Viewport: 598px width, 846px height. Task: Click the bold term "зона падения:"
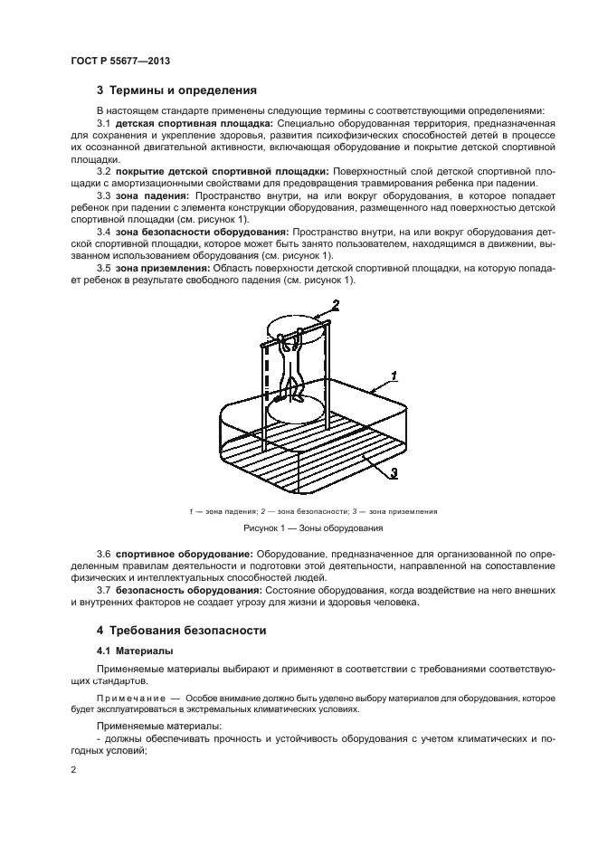click(155, 195)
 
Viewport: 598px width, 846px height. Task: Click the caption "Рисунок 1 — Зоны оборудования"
click(312, 528)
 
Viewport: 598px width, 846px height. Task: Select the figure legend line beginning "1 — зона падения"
click(312, 511)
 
